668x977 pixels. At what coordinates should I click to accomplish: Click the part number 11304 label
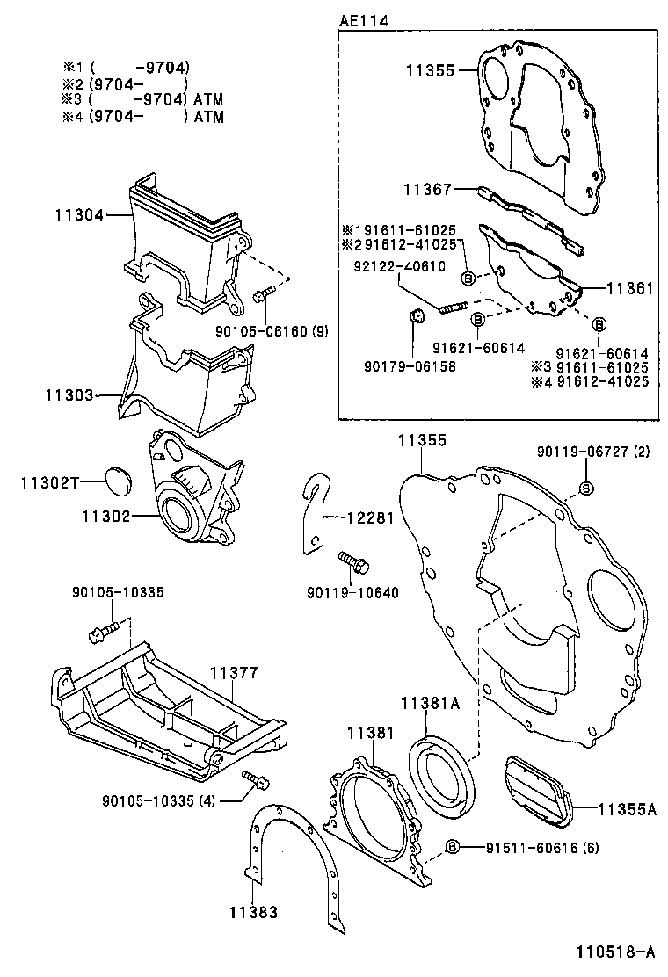[x=78, y=213]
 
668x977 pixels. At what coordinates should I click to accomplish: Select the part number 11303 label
[x=69, y=396]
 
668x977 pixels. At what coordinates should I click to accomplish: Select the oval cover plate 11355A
[x=536, y=792]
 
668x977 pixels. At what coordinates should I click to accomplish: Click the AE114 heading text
[x=364, y=18]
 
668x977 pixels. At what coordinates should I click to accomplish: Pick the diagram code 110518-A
[x=615, y=952]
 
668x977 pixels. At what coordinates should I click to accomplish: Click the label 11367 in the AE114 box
[x=427, y=189]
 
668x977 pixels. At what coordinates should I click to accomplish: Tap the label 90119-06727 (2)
[x=592, y=452]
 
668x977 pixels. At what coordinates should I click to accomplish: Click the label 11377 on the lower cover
[x=233, y=674]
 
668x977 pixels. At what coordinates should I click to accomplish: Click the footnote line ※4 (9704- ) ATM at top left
[x=142, y=116]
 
